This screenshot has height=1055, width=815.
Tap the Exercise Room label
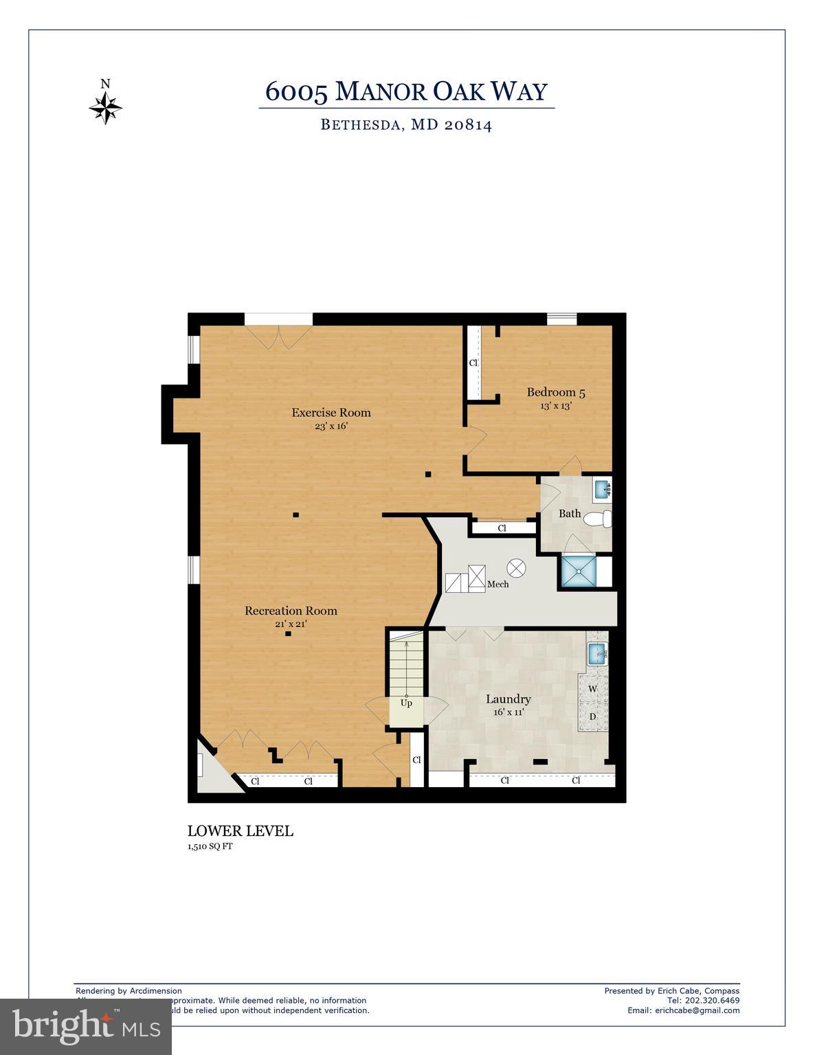click(331, 413)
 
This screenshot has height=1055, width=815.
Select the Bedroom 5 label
click(556, 393)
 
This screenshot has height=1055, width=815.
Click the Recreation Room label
click(291, 611)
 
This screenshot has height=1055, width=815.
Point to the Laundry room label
click(509, 699)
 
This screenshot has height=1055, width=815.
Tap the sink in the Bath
click(602, 490)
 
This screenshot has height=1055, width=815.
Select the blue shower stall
click(578, 571)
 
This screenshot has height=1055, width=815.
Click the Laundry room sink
click(596, 653)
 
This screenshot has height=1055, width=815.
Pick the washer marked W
click(592, 688)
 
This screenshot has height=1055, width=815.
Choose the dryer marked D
click(592, 716)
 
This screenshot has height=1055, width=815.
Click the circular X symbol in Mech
click(516, 568)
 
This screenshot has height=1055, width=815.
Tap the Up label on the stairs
click(406, 703)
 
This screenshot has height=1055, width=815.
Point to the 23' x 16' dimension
click(331, 426)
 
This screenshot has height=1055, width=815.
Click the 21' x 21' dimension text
click(291, 624)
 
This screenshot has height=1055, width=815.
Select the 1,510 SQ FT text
click(210, 846)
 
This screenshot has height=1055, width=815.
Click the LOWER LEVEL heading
click(241, 831)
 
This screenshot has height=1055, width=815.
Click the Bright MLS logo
click(86, 1027)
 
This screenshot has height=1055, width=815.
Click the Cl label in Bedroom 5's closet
click(473, 363)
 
